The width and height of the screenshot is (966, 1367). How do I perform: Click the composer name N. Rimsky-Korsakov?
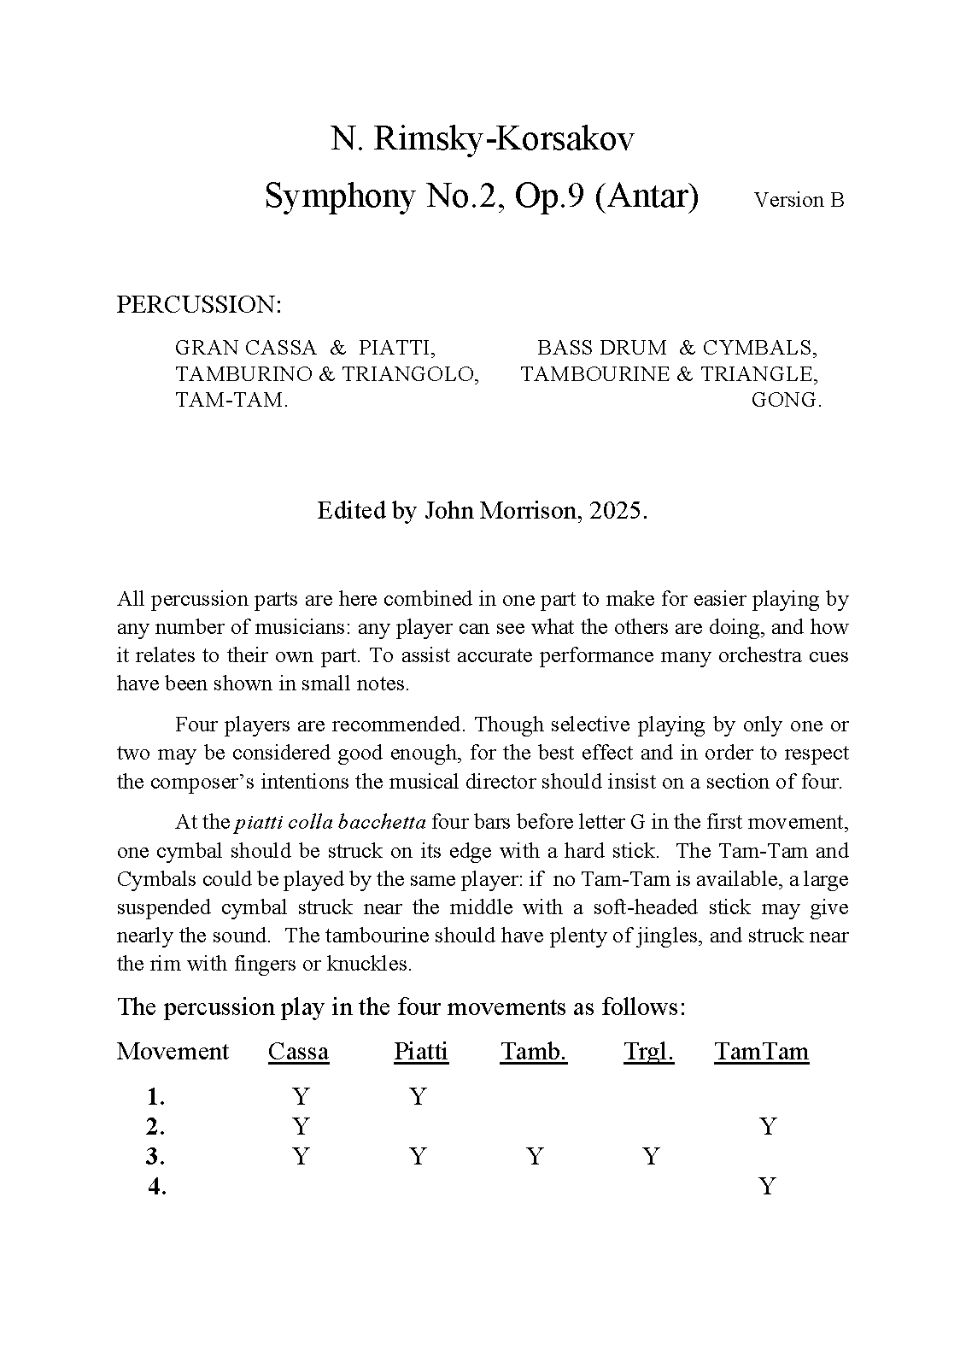(483, 139)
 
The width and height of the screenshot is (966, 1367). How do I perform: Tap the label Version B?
(799, 200)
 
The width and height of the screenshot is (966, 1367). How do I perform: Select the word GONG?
(786, 401)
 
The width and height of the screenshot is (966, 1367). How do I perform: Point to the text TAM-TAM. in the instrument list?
(231, 401)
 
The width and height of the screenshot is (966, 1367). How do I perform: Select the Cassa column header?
(298, 1052)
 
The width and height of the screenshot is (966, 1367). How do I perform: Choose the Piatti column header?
(420, 1052)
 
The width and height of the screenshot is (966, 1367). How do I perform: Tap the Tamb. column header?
(533, 1052)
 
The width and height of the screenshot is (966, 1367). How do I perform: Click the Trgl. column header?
(648, 1052)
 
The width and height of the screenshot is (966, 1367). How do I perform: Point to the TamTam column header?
(761, 1052)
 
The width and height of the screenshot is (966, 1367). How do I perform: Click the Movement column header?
(173, 1052)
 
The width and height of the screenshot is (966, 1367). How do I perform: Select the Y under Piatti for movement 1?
(417, 1097)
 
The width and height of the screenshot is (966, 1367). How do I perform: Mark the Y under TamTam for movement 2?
(768, 1127)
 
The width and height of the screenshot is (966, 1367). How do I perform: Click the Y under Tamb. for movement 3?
(535, 1157)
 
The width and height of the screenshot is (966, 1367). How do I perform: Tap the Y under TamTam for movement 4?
(768, 1187)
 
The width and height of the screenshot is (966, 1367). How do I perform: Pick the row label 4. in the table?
(156, 1187)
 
